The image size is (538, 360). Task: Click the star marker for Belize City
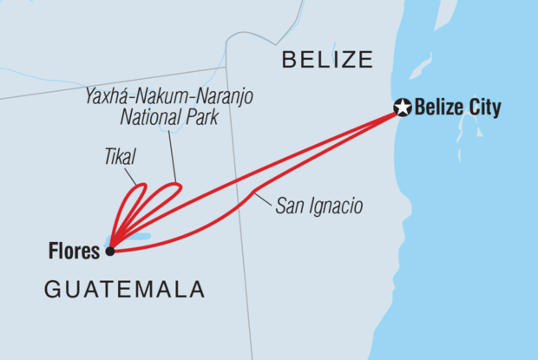click(402, 108)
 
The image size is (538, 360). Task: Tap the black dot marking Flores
click(109, 252)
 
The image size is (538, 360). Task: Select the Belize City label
click(458, 108)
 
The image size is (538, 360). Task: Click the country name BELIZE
click(327, 60)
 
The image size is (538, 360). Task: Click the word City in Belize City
click(484, 108)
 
